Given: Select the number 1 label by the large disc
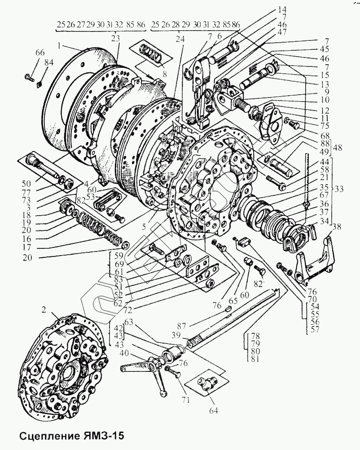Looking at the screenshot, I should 59,45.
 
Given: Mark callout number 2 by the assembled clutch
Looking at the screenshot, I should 44,309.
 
